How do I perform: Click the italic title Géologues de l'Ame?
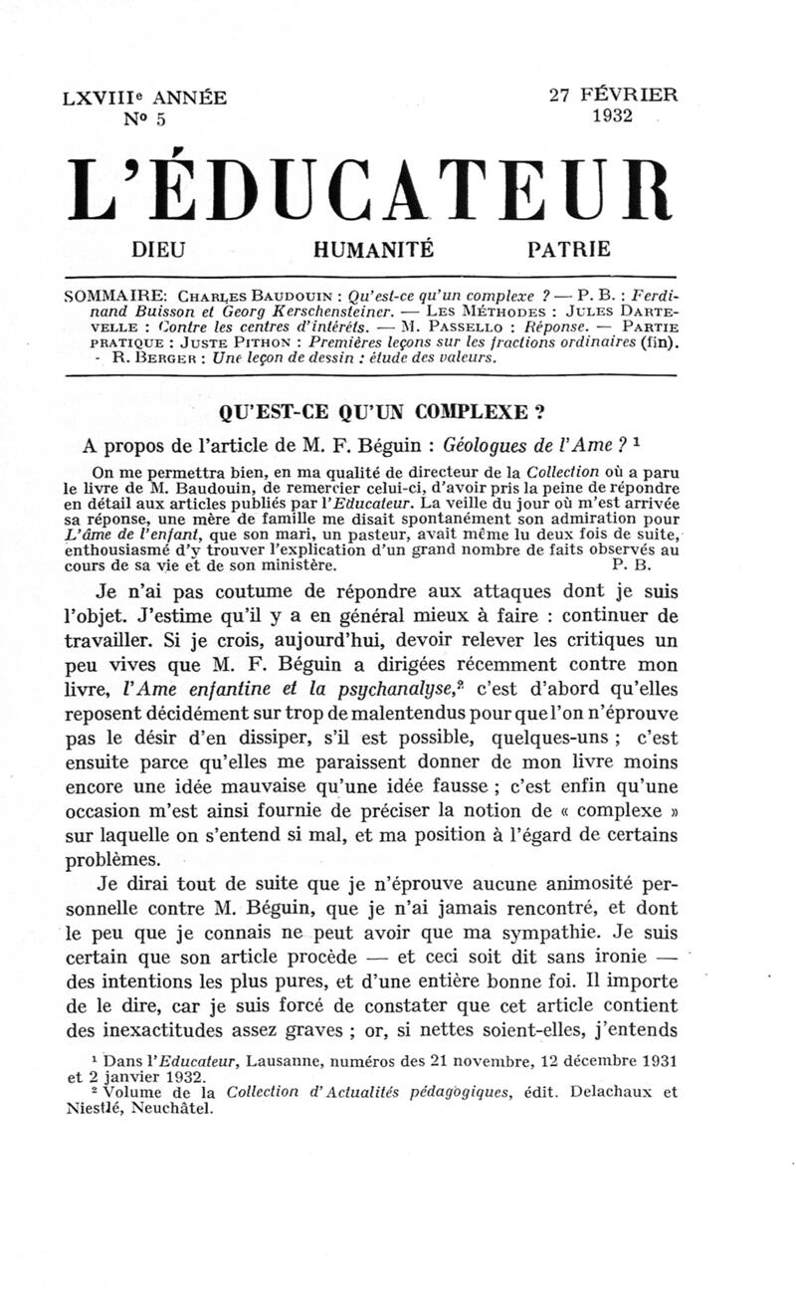click(568, 443)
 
